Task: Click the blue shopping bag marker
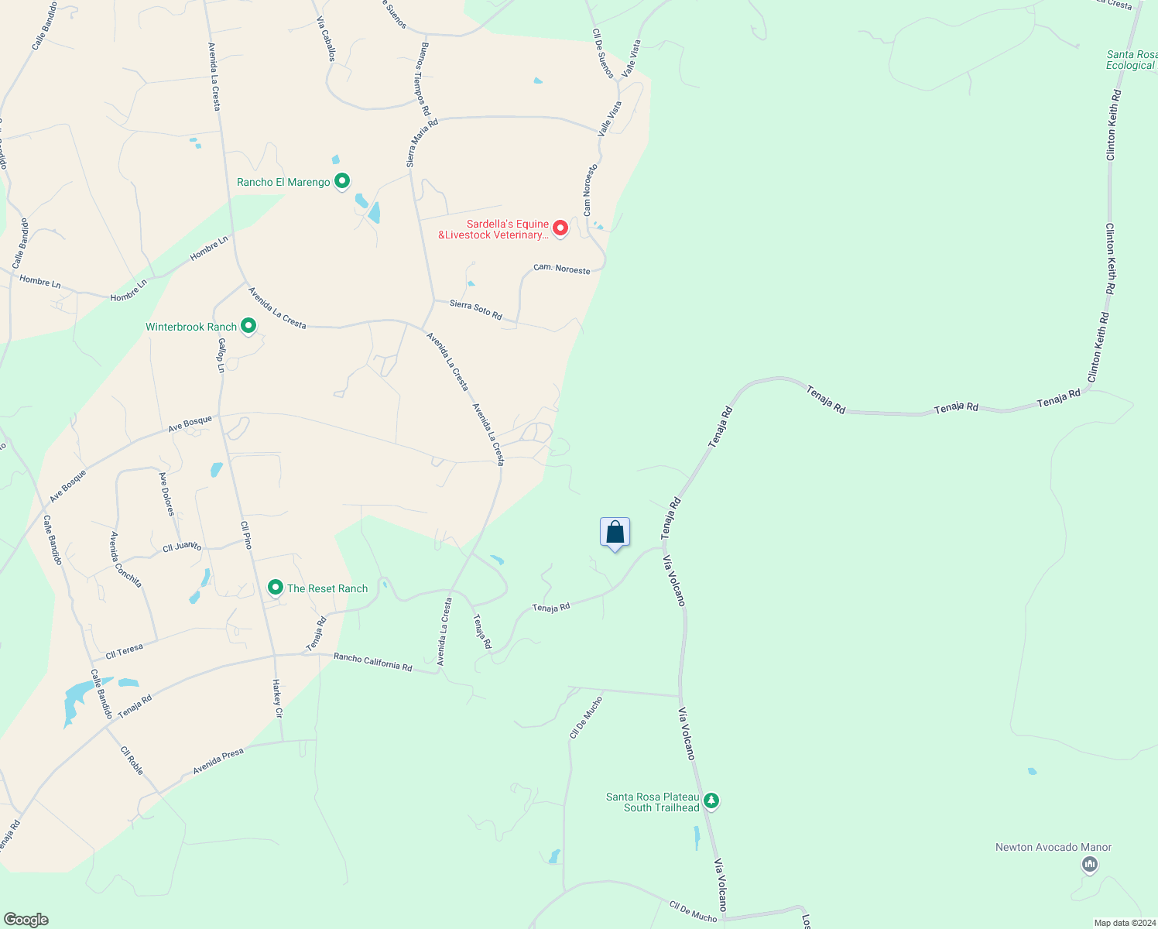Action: coord(615,533)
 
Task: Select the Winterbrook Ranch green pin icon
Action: coord(248,326)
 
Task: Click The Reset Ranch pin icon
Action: coord(275,588)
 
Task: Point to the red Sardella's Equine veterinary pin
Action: coord(560,228)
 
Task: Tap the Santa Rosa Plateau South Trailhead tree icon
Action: coord(711,801)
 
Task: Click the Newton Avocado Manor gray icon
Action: coord(1090,864)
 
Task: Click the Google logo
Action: coord(26,920)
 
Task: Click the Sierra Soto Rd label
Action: coord(476,310)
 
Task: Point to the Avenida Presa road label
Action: coord(218,761)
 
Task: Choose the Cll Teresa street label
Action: coord(124,651)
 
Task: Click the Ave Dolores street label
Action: coord(166,494)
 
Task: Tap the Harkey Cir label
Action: coord(277,698)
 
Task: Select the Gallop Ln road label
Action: coord(221,355)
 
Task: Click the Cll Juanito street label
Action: coord(182,547)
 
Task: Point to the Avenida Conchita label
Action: coord(126,560)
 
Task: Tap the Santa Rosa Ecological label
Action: coord(1132,60)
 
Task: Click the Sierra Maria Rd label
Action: coord(422,143)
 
